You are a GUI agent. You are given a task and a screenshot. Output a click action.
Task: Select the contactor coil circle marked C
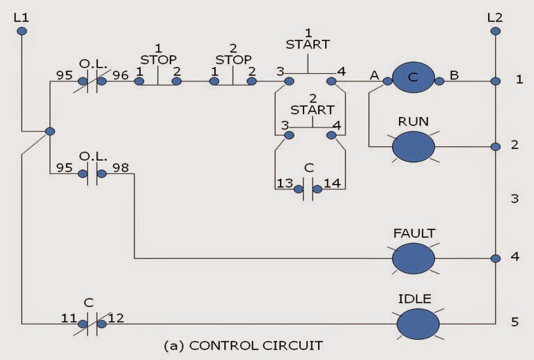414,80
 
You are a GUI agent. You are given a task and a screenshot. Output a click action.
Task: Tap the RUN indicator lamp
414,146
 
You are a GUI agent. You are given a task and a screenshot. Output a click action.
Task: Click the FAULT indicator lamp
414,258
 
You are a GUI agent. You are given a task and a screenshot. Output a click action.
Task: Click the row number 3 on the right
515,199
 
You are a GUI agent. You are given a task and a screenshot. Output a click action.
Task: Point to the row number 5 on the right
515,322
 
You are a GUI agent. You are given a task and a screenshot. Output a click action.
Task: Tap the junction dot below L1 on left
49,130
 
